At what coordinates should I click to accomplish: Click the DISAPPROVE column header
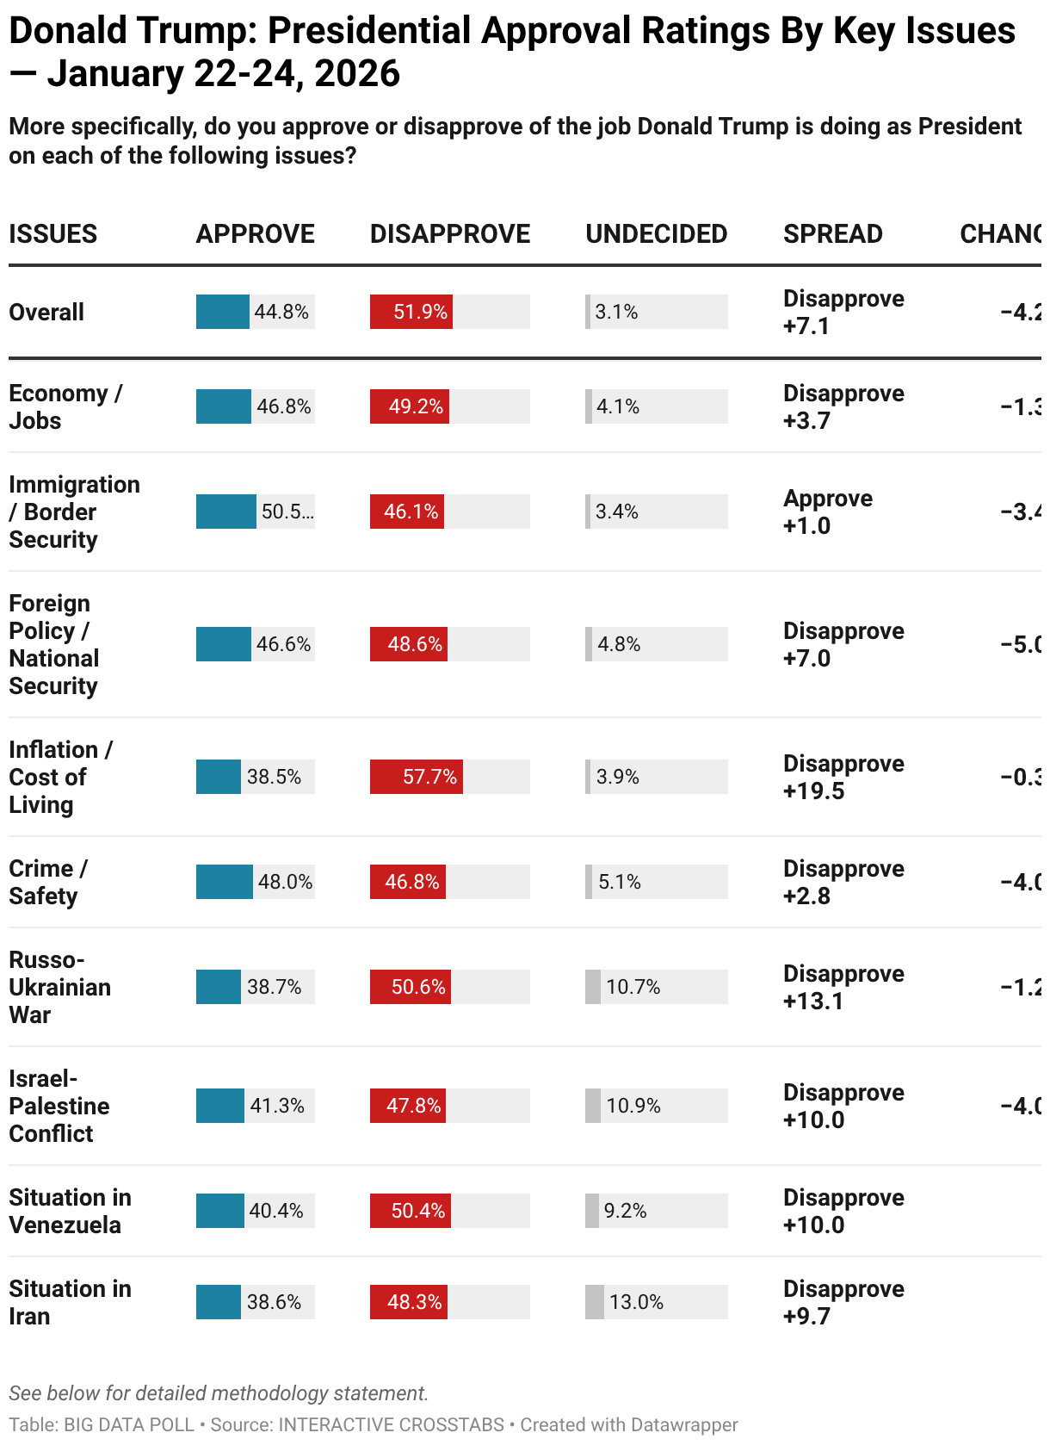[449, 234]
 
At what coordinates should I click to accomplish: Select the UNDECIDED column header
[656, 234]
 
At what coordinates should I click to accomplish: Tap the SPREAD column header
[832, 234]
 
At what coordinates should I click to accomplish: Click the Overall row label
[46, 312]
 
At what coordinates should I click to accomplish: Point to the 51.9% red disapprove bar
[411, 312]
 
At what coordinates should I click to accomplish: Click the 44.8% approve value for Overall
[281, 312]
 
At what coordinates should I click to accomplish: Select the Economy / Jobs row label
[65, 406]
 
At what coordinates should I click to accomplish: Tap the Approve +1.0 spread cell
[827, 512]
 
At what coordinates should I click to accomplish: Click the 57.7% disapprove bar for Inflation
[417, 777]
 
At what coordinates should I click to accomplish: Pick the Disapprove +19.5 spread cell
[843, 777]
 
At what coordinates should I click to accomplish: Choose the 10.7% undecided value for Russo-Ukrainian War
[633, 987]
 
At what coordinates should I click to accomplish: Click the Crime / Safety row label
[47, 882]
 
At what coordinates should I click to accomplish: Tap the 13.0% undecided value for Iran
[636, 1302]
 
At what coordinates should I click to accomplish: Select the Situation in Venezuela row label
[70, 1211]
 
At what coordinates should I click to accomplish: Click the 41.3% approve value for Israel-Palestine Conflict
[276, 1106]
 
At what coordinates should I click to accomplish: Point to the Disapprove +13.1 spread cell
[843, 987]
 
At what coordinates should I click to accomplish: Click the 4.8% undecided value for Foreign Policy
[619, 644]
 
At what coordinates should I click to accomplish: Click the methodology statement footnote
[219, 1393]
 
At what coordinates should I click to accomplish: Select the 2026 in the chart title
[357, 74]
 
